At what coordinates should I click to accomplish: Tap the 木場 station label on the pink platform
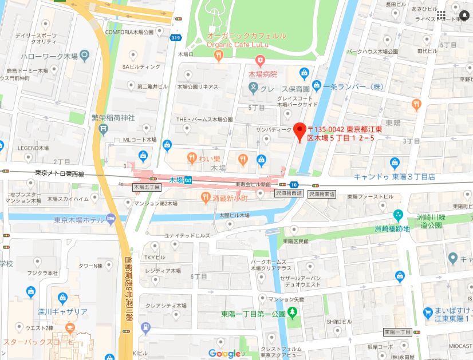click(176, 180)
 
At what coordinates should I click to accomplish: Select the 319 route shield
click(175, 38)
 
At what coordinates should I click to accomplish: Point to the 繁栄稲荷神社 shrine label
click(113, 118)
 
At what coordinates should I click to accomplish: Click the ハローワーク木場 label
click(49, 56)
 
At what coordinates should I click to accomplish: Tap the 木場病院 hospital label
click(262, 74)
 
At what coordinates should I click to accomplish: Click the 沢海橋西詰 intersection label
click(289, 194)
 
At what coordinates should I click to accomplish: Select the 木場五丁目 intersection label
click(147, 187)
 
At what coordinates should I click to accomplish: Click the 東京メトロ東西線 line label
click(59, 173)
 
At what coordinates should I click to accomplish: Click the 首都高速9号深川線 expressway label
click(126, 280)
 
